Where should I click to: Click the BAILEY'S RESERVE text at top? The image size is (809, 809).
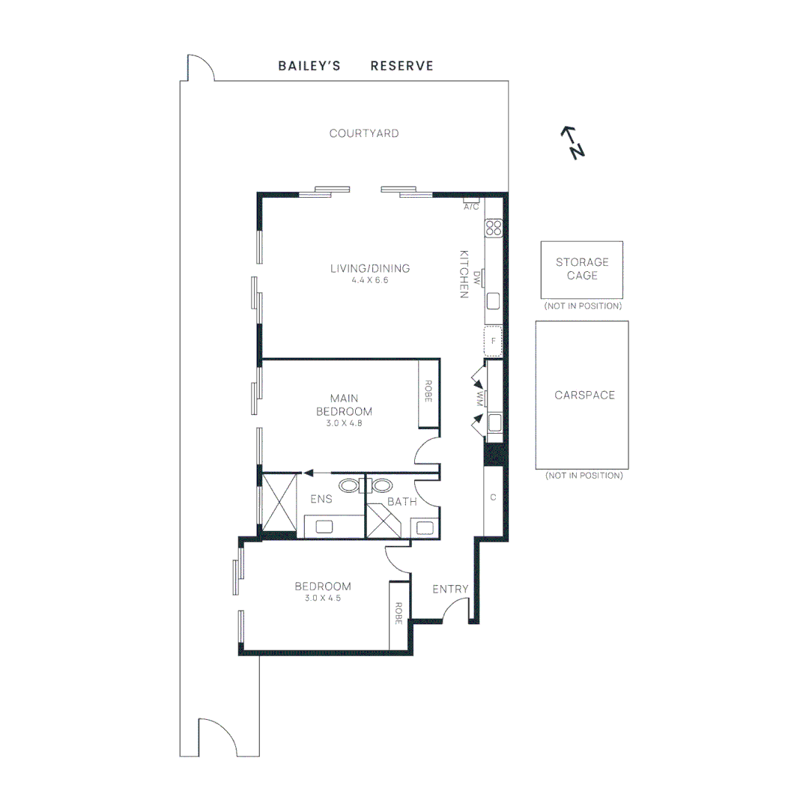click(x=356, y=66)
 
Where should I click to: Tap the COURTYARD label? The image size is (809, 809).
click(x=364, y=133)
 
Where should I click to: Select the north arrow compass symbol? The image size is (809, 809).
click(x=573, y=142)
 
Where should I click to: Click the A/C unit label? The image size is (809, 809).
click(x=471, y=206)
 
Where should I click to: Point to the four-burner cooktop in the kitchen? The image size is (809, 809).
click(x=493, y=228)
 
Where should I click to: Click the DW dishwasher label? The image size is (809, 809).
click(x=476, y=276)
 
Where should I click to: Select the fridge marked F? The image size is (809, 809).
click(x=493, y=341)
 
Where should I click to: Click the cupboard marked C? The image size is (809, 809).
click(x=493, y=497)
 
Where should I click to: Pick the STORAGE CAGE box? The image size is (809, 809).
click(x=582, y=270)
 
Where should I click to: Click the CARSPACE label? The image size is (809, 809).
click(x=584, y=395)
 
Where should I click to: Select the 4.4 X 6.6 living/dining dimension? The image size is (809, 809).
click(x=370, y=280)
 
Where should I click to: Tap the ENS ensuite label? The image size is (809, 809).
click(x=321, y=500)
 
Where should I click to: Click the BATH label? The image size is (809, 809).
click(x=402, y=501)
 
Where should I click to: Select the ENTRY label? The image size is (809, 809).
click(x=450, y=590)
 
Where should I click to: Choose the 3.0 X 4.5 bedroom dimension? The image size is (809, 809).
click(x=323, y=598)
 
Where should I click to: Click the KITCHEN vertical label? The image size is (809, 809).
click(x=464, y=273)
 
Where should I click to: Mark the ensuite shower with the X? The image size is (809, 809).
click(x=279, y=501)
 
